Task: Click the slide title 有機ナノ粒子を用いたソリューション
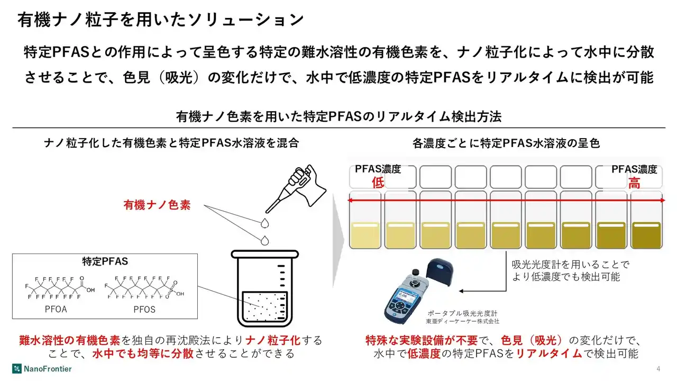tap(161, 20)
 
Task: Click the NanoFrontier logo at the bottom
tap(42, 368)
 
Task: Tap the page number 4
tap(658, 369)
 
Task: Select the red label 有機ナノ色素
tap(157, 205)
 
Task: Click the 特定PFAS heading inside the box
tap(105, 261)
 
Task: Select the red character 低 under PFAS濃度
tap(377, 183)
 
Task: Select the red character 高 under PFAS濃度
tap(634, 183)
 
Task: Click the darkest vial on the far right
tap(646, 228)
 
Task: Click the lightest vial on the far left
tap(364, 228)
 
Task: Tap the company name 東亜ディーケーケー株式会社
tap(462, 321)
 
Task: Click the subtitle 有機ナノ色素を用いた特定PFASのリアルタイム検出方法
tap(338, 116)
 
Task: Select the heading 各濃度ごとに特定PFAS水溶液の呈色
tap(506, 143)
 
